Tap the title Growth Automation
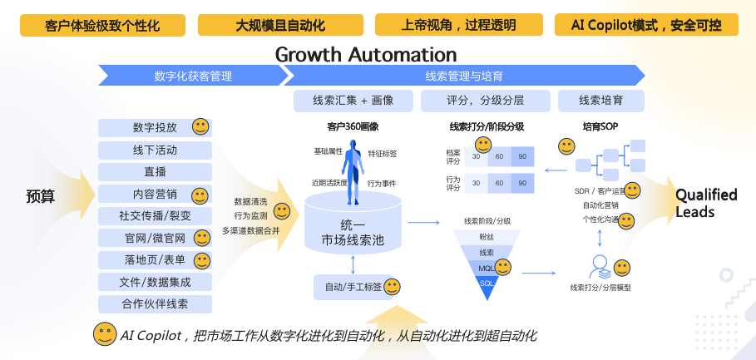tap(366, 55)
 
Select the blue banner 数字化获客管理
tap(193, 76)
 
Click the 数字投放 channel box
tap(155, 128)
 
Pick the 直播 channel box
tap(155, 172)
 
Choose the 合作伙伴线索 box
tap(155, 303)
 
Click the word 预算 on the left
tap(41, 197)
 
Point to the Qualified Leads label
tap(705, 203)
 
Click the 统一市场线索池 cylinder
tap(353, 225)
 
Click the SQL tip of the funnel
tap(487, 284)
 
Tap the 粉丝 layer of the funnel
tap(487, 236)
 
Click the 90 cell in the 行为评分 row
tap(522, 183)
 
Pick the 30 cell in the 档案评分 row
tap(476, 157)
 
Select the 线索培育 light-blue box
tap(613, 101)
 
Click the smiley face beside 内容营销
tap(200, 195)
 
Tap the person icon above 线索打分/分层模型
tap(599, 267)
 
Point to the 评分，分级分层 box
tap(486, 101)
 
